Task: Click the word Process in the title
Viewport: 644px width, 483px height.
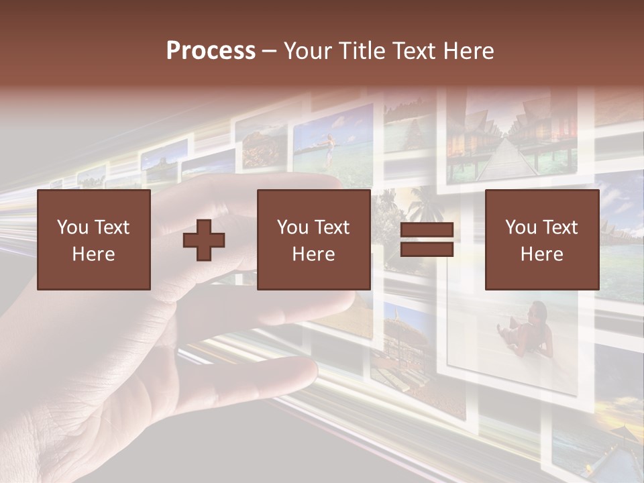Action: (x=211, y=51)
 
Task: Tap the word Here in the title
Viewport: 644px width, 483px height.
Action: (x=466, y=51)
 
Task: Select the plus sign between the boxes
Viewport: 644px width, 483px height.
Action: (x=204, y=240)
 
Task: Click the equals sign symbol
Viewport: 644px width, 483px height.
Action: (x=427, y=240)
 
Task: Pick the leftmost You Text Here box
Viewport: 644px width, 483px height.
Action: (x=94, y=240)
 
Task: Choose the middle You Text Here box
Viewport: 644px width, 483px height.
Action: (x=314, y=240)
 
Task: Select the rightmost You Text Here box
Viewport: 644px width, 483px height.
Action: (x=542, y=240)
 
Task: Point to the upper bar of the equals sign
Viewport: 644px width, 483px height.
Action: (x=427, y=231)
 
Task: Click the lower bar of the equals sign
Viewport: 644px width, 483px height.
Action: (x=427, y=250)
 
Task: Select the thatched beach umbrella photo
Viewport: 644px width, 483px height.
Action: (x=402, y=335)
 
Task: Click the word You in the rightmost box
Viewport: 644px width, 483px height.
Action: (x=521, y=228)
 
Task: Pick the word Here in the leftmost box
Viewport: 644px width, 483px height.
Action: (x=94, y=254)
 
